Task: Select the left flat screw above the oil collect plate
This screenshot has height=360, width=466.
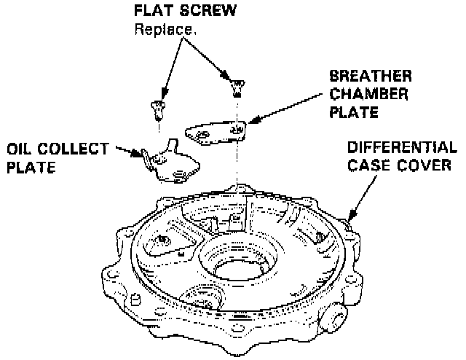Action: pos(157,109)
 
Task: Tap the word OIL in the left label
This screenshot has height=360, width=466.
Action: pos(20,149)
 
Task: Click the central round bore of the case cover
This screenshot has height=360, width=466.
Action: pos(242,265)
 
